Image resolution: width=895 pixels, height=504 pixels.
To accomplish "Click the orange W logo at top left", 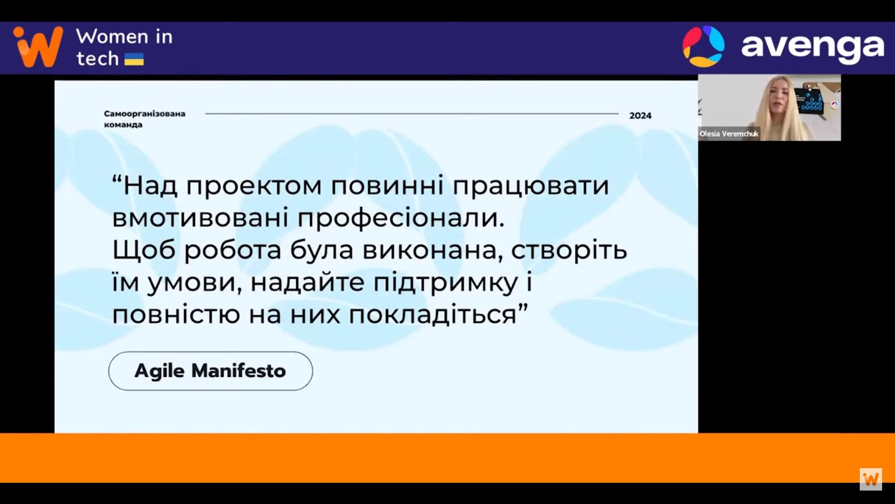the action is [x=38, y=46].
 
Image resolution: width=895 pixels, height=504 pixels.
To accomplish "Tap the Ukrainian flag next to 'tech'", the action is [x=134, y=59].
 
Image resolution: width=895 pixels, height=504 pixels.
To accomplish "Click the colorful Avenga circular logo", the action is [x=703, y=46].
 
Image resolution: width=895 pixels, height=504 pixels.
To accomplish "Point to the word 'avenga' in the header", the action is [x=813, y=48].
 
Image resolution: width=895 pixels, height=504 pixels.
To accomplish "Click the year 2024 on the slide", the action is [x=640, y=115].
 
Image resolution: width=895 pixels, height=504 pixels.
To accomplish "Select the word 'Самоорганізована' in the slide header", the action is [x=145, y=114].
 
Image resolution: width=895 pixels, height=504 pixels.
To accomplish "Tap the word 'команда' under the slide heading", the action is [x=123, y=124].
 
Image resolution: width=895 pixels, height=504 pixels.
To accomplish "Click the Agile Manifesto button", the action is [x=210, y=371].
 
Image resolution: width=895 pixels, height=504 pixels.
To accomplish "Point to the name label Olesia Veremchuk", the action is [x=729, y=134].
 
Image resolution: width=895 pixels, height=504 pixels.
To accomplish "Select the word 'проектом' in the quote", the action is [x=254, y=186].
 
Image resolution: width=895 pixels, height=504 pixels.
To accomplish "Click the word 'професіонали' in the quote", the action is [x=401, y=219].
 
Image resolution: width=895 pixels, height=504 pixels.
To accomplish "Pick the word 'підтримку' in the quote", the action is [x=446, y=283].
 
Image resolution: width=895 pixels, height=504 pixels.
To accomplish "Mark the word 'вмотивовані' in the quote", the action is [x=200, y=218].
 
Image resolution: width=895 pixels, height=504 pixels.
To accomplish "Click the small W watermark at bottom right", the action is [x=871, y=479].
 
